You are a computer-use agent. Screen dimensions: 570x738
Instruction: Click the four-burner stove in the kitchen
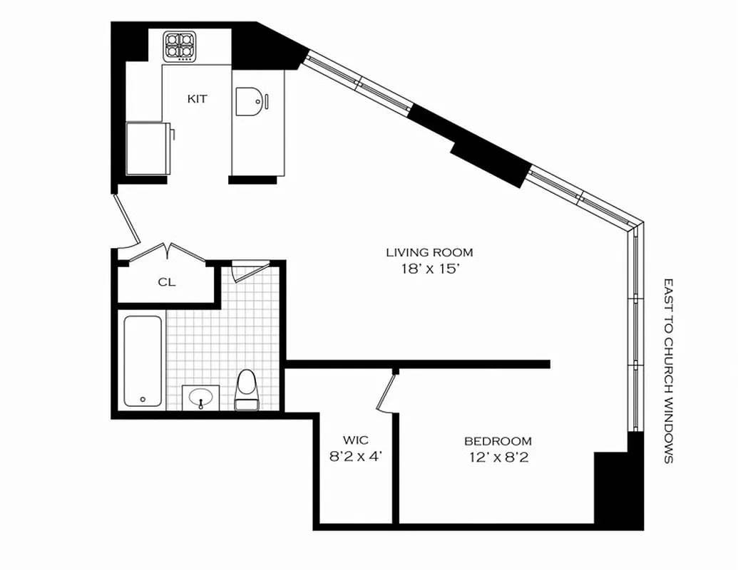[179, 46]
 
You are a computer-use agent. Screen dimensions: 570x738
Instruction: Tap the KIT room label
[198, 99]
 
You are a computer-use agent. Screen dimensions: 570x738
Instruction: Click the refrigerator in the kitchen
[148, 147]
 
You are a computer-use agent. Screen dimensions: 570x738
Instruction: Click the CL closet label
[167, 282]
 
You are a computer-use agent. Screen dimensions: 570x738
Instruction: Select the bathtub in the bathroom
[143, 361]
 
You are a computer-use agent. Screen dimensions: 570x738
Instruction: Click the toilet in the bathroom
[247, 390]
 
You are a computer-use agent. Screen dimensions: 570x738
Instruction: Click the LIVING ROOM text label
[429, 252]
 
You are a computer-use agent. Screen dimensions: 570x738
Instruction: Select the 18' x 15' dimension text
[429, 269]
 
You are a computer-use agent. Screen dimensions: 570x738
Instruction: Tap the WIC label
[356, 440]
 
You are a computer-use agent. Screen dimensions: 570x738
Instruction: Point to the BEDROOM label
[498, 441]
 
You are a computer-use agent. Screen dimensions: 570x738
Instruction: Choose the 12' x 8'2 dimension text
[498, 457]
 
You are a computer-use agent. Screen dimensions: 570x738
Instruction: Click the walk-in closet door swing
[386, 393]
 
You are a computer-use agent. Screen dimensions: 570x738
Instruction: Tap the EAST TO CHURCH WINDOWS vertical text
[668, 370]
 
